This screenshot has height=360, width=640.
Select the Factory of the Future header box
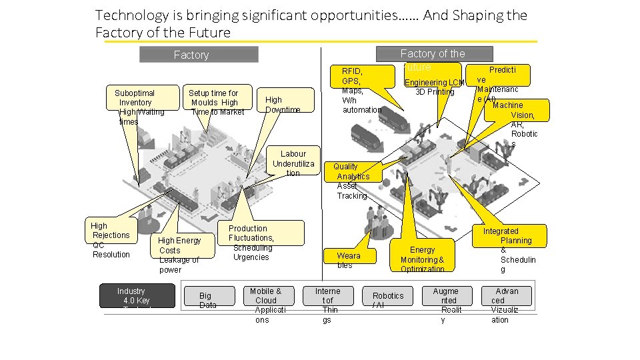tap(434, 54)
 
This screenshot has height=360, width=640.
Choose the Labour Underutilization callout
tap(293, 163)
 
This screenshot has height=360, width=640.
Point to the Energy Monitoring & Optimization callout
tap(421, 254)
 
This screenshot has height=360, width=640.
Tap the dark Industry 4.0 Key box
tap(136, 296)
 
